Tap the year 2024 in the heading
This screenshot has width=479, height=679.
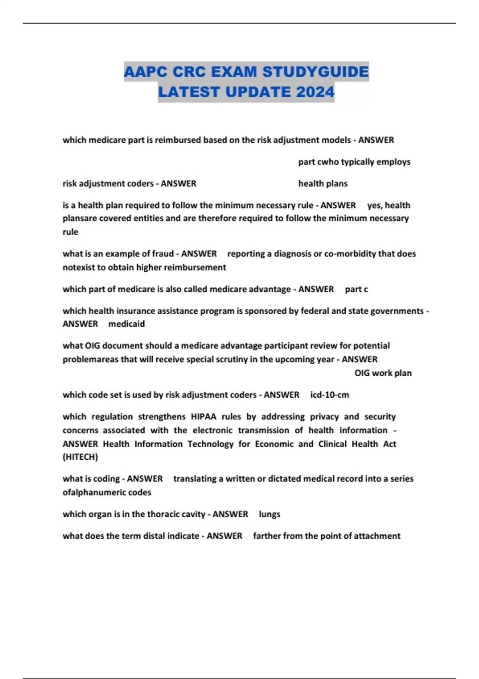pyautogui.click(x=315, y=92)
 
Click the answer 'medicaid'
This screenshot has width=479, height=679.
pyautogui.click(x=127, y=324)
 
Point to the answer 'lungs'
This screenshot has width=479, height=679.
pyautogui.click(x=269, y=514)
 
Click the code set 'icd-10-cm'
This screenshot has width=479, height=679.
pyautogui.click(x=330, y=395)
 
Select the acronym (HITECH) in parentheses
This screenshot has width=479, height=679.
pyautogui.click(x=80, y=457)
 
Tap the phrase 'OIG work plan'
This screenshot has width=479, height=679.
pyautogui.click(x=383, y=373)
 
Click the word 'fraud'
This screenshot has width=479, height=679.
pyautogui.click(x=163, y=254)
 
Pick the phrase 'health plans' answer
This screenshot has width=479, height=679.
pyautogui.click(x=323, y=184)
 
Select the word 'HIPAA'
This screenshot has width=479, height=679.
pyautogui.click(x=204, y=417)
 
